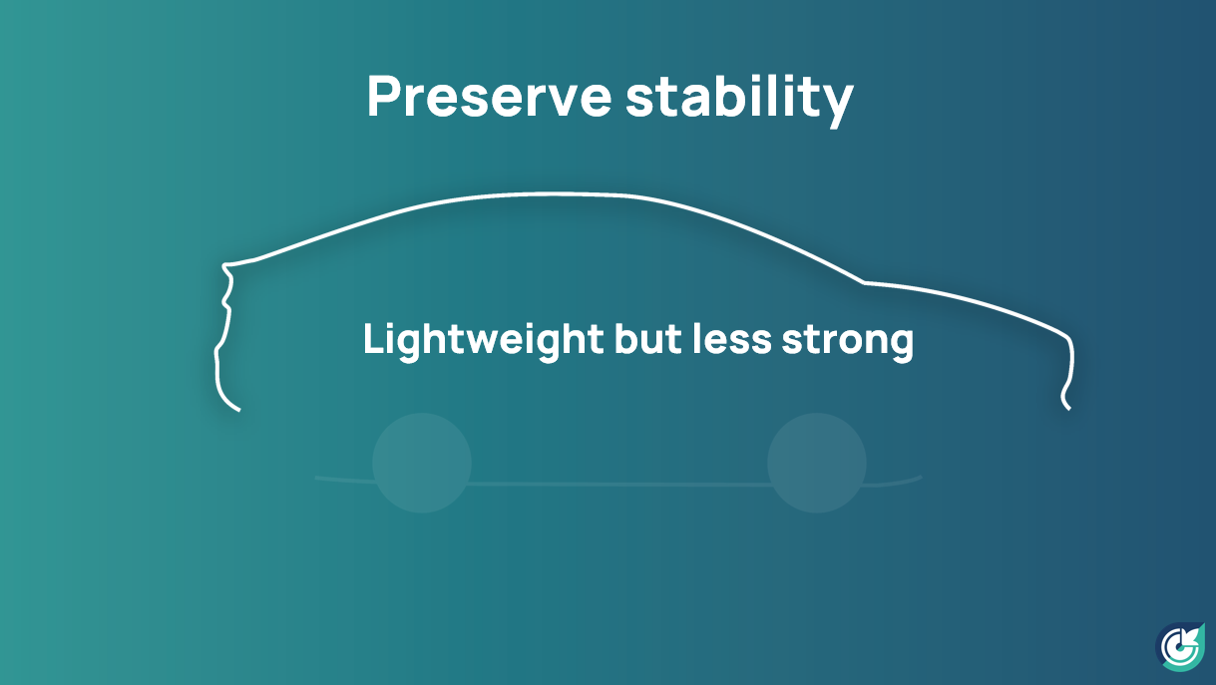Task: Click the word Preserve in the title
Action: pyautogui.click(x=489, y=97)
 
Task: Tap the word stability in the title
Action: pyautogui.click(x=739, y=101)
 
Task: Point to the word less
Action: pyautogui.click(x=732, y=339)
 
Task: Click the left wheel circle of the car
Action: pyautogui.click(x=422, y=463)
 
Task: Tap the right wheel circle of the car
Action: pyautogui.click(x=816, y=463)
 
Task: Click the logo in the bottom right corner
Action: pyautogui.click(x=1181, y=646)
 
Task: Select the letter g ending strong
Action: pyautogui.click(x=902, y=347)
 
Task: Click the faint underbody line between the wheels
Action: pyautogui.click(x=618, y=484)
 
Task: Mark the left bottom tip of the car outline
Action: pyautogui.click(x=238, y=411)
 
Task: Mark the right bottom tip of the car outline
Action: pyautogui.click(x=1069, y=409)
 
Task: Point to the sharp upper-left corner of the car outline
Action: pyautogui.click(x=223, y=265)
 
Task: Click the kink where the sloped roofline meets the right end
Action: pyautogui.click(x=863, y=282)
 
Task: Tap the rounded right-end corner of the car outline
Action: pyautogui.click(x=1068, y=338)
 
